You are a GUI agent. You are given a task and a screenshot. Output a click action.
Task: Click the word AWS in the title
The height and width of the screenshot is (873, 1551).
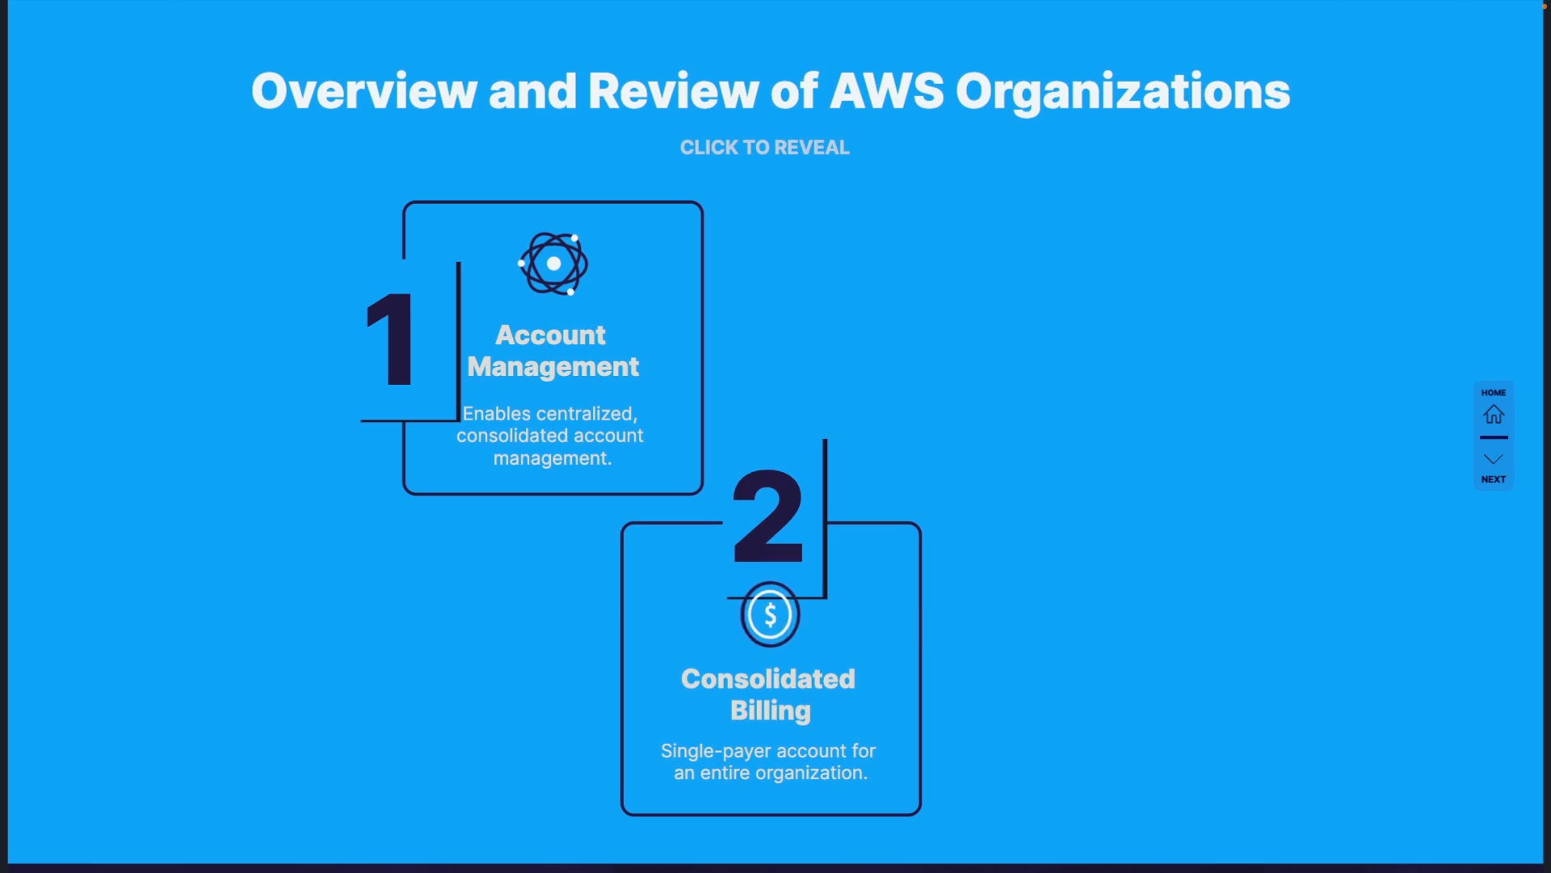pos(886,91)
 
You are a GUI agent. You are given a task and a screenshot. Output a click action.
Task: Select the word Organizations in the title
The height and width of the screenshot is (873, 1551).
pos(1123,92)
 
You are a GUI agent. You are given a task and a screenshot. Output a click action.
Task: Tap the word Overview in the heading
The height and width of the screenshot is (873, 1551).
pos(364,91)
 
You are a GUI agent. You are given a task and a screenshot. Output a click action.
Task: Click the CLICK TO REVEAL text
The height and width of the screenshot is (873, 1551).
pos(764,147)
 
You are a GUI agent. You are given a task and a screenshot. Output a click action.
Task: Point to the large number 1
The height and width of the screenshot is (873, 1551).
pos(392,339)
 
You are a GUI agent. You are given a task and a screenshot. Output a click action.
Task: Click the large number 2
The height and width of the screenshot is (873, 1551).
pos(768,517)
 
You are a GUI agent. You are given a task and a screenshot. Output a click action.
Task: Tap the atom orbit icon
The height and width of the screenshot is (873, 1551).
pos(553,264)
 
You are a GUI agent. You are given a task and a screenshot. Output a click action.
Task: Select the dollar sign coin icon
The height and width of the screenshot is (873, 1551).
pos(771,615)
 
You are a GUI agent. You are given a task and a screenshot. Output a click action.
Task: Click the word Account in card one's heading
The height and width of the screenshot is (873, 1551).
pos(550,335)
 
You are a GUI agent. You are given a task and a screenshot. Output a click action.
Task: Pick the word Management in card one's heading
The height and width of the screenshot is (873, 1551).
pos(553,367)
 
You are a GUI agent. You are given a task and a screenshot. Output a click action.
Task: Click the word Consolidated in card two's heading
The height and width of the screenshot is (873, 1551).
pos(767,679)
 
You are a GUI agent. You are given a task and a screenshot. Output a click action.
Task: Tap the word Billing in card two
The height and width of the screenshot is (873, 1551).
pos(771,711)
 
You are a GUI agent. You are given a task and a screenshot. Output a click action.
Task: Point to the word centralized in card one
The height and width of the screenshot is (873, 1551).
pos(590,414)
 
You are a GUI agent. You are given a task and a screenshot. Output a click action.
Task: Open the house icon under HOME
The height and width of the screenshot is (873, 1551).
pos(1494,415)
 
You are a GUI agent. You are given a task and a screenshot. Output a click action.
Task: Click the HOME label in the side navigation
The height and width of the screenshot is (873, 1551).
pos(1494,393)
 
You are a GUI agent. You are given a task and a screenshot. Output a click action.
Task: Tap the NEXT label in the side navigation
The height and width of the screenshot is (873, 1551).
pos(1494,479)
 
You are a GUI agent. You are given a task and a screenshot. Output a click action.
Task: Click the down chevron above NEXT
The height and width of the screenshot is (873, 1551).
pos(1494,459)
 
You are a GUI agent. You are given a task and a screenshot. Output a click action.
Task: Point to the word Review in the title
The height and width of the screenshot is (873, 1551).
pos(673,91)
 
